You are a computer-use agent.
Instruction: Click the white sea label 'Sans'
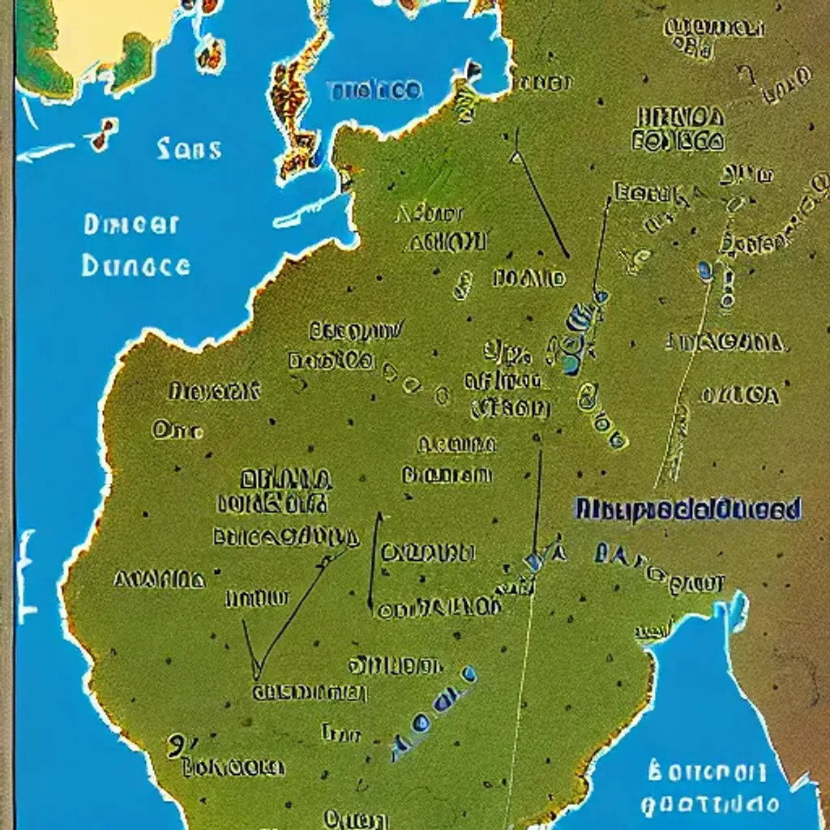tap(189, 148)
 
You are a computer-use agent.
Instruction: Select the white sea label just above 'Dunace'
tap(130, 224)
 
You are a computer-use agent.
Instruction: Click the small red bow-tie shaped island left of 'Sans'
tap(104, 134)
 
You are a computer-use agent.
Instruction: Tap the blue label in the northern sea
tap(374, 90)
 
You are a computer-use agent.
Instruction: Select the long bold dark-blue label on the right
tap(688, 509)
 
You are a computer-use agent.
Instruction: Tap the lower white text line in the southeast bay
tap(710, 803)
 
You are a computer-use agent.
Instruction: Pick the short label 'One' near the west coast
tap(176, 430)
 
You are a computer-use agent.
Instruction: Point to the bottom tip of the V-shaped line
tap(257, 677)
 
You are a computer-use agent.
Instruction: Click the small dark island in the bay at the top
tap(471, 71)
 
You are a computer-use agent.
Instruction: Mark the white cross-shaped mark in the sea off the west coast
tap(26, 575)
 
